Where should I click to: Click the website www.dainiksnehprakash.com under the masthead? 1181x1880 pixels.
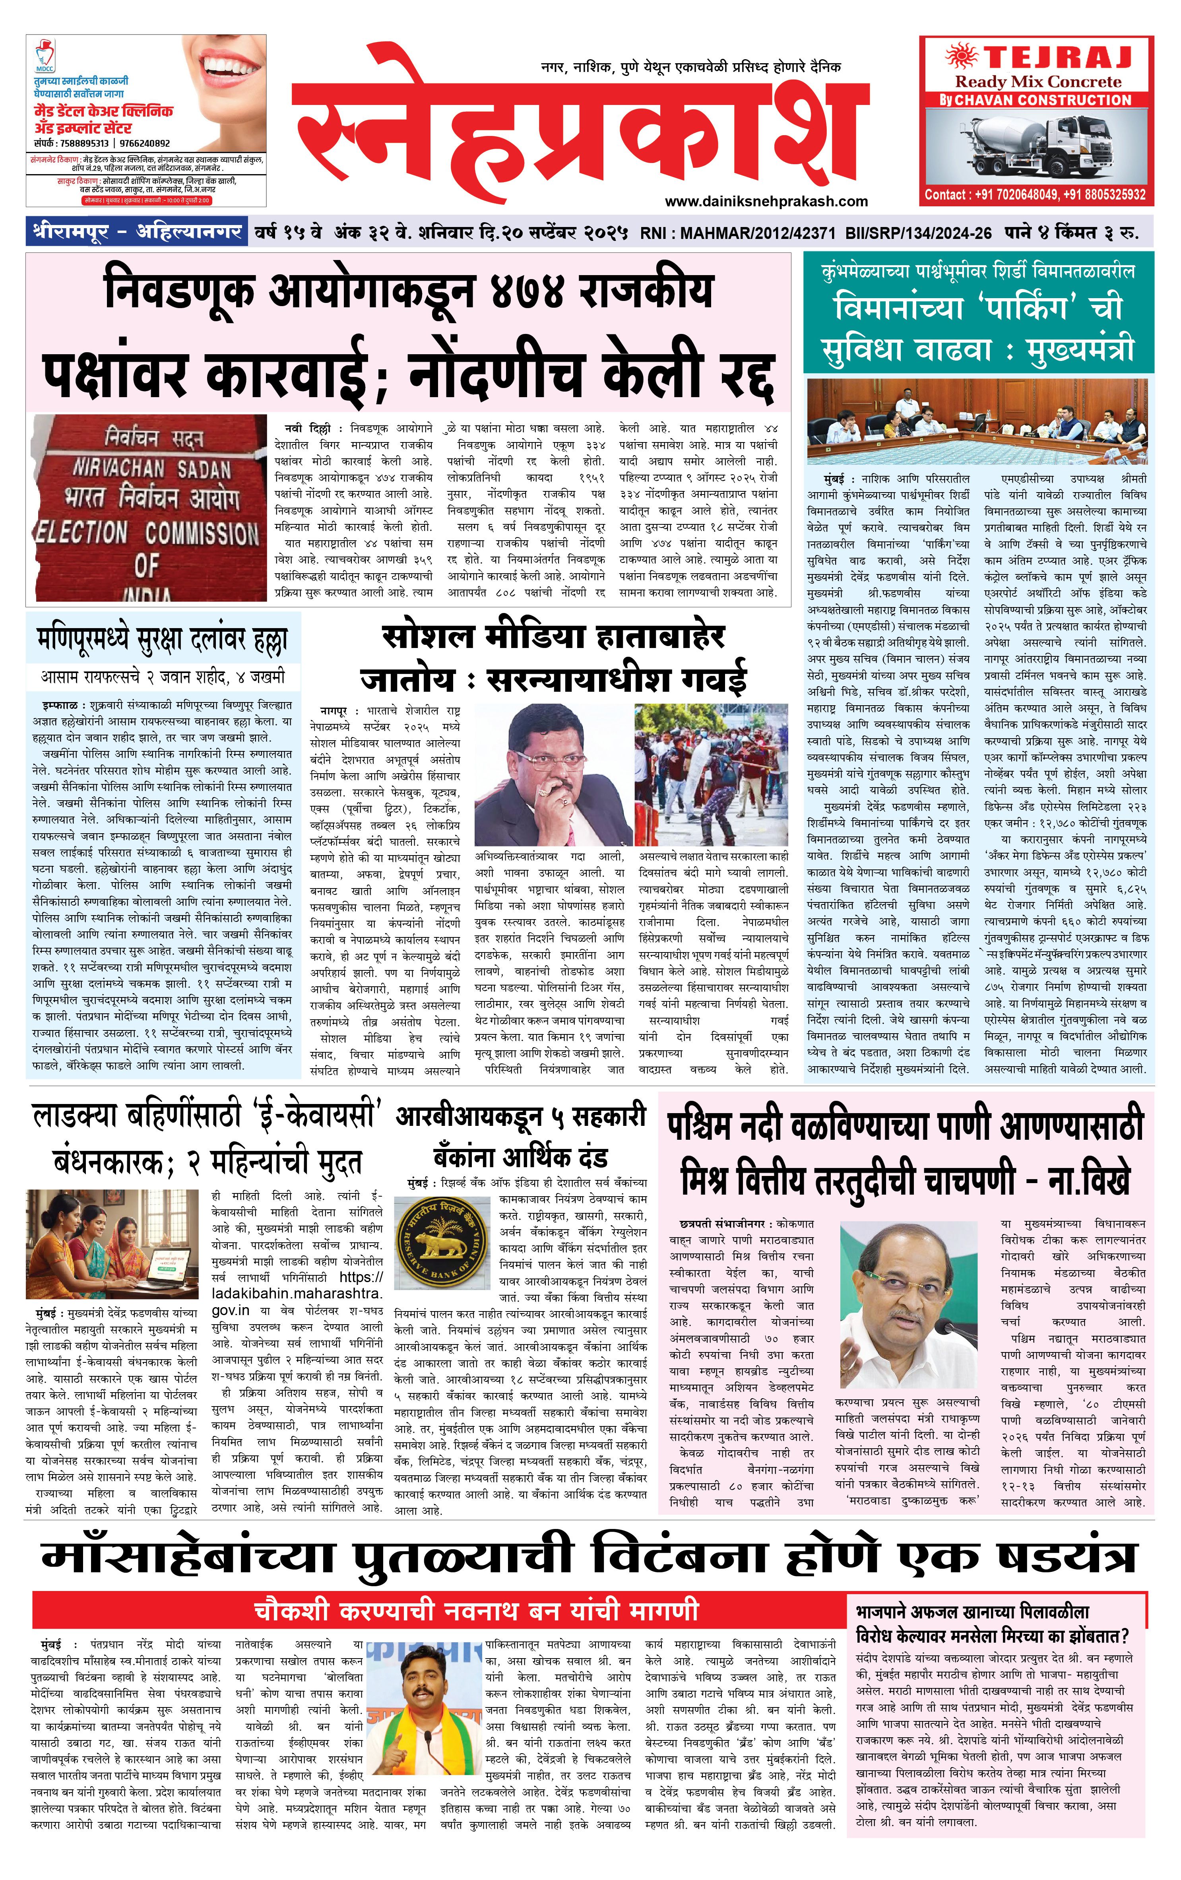click(766, 202)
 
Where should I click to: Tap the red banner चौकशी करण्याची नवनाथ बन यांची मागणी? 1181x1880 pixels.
click(476, 1610)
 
